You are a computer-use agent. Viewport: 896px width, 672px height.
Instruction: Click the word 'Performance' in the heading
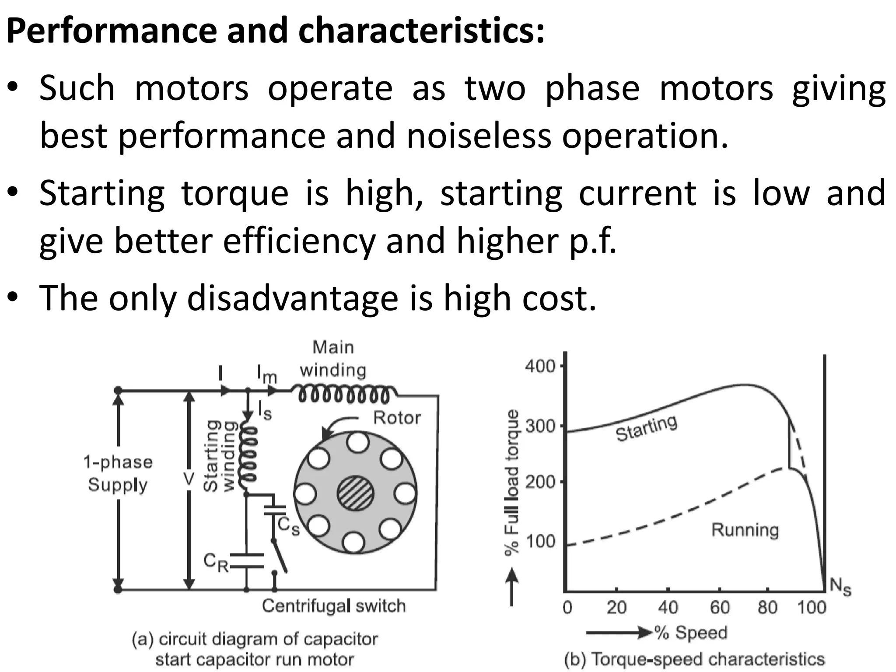coord(112,31)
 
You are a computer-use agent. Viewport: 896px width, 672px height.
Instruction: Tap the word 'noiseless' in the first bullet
coord(479,136)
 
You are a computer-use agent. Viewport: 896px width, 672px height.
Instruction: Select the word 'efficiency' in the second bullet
coord(299,241)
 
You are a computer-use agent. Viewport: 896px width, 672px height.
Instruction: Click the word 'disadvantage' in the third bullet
coord(293,298)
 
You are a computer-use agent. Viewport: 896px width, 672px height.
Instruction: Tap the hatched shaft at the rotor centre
coord(355,493)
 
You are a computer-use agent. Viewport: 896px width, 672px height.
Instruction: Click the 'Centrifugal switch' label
coord(334,606)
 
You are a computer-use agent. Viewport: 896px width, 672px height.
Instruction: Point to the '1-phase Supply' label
coord(118,474)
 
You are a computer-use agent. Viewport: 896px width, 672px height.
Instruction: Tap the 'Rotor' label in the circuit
coord(396,418)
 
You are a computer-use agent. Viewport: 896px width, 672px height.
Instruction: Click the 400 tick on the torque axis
coord(540,366)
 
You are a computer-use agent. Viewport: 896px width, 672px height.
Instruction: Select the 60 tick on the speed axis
coord(720,608)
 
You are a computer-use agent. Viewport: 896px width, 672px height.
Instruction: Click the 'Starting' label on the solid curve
coord(647,428)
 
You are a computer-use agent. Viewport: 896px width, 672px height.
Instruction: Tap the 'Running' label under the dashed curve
coord(745,530)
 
